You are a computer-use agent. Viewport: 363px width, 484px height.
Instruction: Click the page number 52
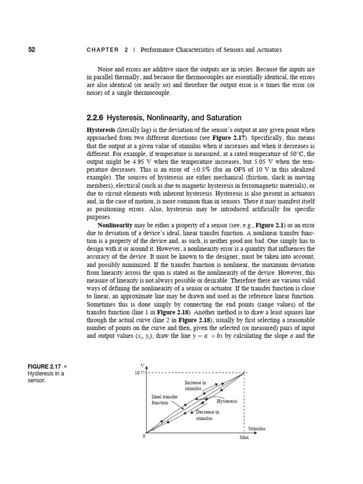click(32, 49)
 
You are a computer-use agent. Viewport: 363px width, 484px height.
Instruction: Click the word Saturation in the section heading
click(223, 117)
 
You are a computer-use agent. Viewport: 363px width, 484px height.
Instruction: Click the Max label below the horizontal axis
click(244, 438)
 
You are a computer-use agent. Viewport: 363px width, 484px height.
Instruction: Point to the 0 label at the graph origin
click(144, 435)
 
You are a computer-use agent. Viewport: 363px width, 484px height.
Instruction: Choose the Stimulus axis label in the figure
click(257, 428)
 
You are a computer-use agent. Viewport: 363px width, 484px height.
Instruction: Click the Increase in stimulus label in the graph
click(193, 385)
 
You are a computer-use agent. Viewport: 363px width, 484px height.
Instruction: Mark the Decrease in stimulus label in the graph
click(205, 415)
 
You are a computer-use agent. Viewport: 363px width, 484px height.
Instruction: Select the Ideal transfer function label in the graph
click(164, 400)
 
